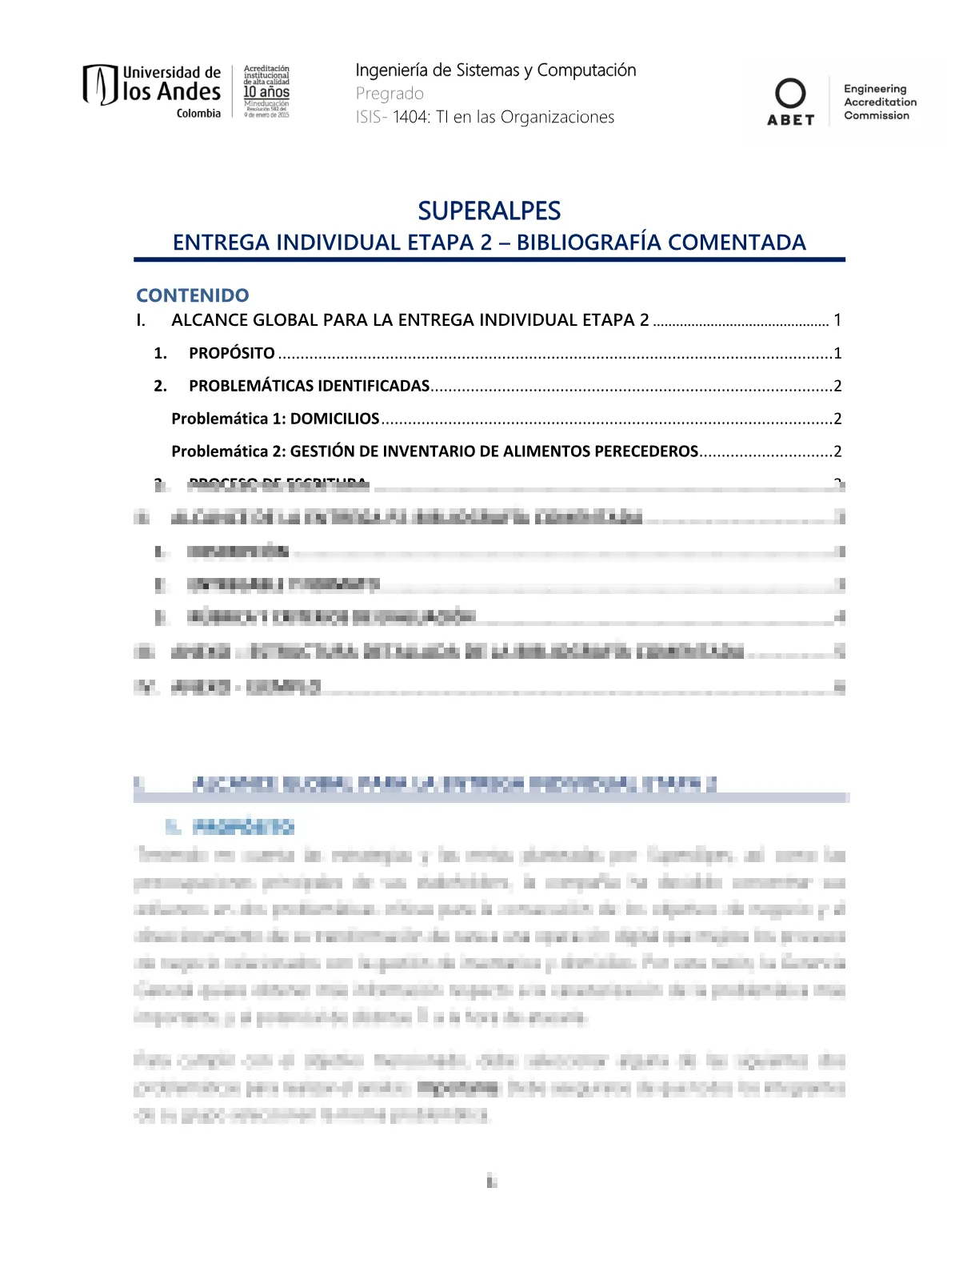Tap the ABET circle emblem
pyautogui.click(x=790, y=94)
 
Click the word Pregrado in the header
pyautogui.click(x=390, y=94)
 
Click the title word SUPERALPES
pyautogui.click(x=489, y=211)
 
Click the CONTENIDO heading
pyautogui.click(x=193, y=295)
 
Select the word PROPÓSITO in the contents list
pyautogui.click(x=232, y=353)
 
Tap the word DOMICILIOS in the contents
pyautogui.click(x=334, y=419)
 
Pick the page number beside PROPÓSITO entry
pyautogui.click(x=837, y=353)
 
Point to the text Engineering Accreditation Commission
pyautogui.click(x=880, y=102)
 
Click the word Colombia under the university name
pyautogui.click(x=198, y=114)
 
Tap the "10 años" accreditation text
pyautogui.click(x=266, y=92)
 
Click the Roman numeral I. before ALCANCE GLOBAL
pyautogui.click(x=141, y=320)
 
